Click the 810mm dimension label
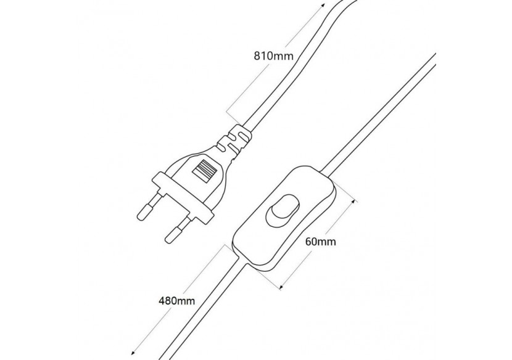click(x=273, y=55)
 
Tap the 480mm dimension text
click(x=176, y=301)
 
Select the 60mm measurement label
click(x=321, y=242)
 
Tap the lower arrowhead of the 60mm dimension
click(x=282, y=286)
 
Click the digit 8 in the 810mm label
click(x=258, y=55)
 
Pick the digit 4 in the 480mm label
click(x=162, y=301)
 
